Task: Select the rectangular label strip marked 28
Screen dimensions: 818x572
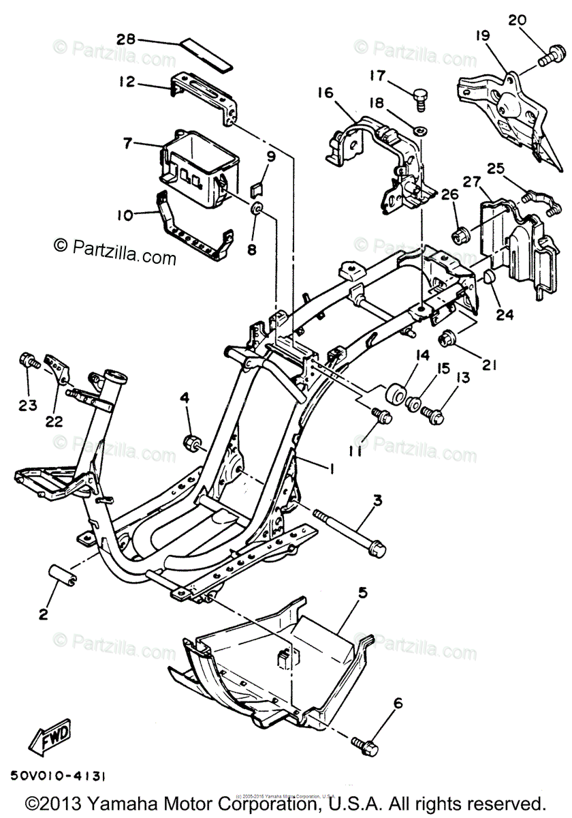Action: [206, 55]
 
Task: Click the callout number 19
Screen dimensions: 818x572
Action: [483, 35]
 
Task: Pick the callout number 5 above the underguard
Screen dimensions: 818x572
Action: [363, 592]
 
